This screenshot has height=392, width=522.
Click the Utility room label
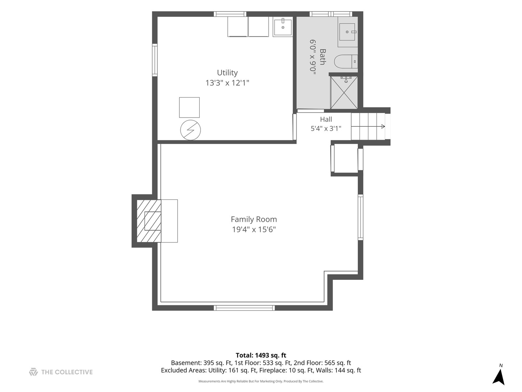(227, 73)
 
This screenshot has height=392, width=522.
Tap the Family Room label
(254, 219)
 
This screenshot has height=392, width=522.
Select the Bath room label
(323, 57)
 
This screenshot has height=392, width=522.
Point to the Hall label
(326, 119)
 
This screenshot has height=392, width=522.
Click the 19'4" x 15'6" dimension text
(254, 229)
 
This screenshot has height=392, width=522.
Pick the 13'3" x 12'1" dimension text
(227, 83)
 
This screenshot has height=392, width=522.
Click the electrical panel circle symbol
(190, 130)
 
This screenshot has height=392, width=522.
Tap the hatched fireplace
(149, 221)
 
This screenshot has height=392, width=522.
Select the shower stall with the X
(344, 93)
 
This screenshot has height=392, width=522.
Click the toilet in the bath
(346, 61)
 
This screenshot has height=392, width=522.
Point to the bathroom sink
(347, 32)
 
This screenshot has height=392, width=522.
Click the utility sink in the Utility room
(282, 26)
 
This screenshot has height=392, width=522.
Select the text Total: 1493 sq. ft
(261, 355)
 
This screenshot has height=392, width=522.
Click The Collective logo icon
(33, 372)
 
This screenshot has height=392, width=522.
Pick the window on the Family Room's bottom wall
(244, 308)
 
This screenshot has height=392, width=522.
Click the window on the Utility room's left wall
(155, 60)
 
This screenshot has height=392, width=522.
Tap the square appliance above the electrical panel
(189, 107)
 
